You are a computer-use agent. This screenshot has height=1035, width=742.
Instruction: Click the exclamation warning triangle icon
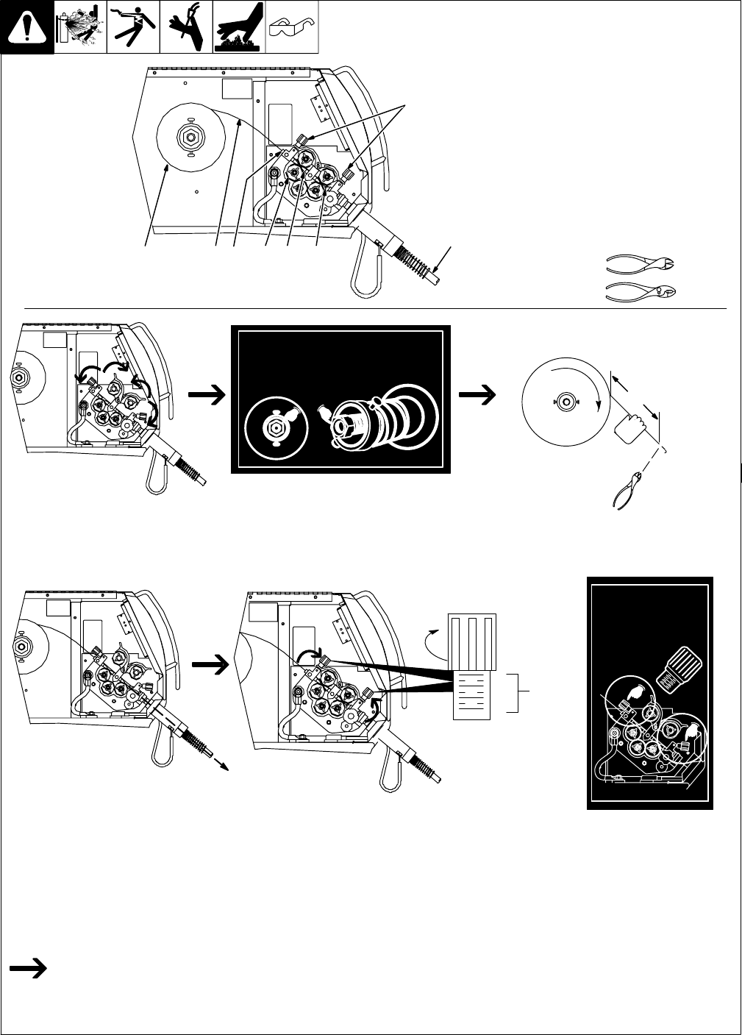[27, 28]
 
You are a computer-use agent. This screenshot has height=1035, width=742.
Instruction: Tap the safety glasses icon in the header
[292, 28]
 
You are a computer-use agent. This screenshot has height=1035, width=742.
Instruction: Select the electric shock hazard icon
[133, 28]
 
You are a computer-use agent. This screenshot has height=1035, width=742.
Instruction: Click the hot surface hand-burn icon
[239, 28]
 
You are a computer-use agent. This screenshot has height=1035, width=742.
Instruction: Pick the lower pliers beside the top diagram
[640, 291]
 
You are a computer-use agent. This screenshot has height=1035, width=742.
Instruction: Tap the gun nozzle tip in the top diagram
[440, 280]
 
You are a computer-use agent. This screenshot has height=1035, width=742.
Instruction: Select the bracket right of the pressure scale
[521, 692]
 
